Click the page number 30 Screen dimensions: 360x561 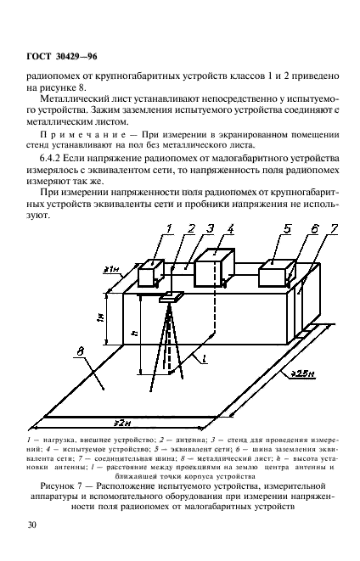(x=31, y=525)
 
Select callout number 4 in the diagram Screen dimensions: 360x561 (x=231, y=228)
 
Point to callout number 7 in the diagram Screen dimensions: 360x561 (x=334, y=229)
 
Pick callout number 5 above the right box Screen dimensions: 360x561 (x=287, y=228)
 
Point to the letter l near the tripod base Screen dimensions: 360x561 (x=205, y=360)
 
